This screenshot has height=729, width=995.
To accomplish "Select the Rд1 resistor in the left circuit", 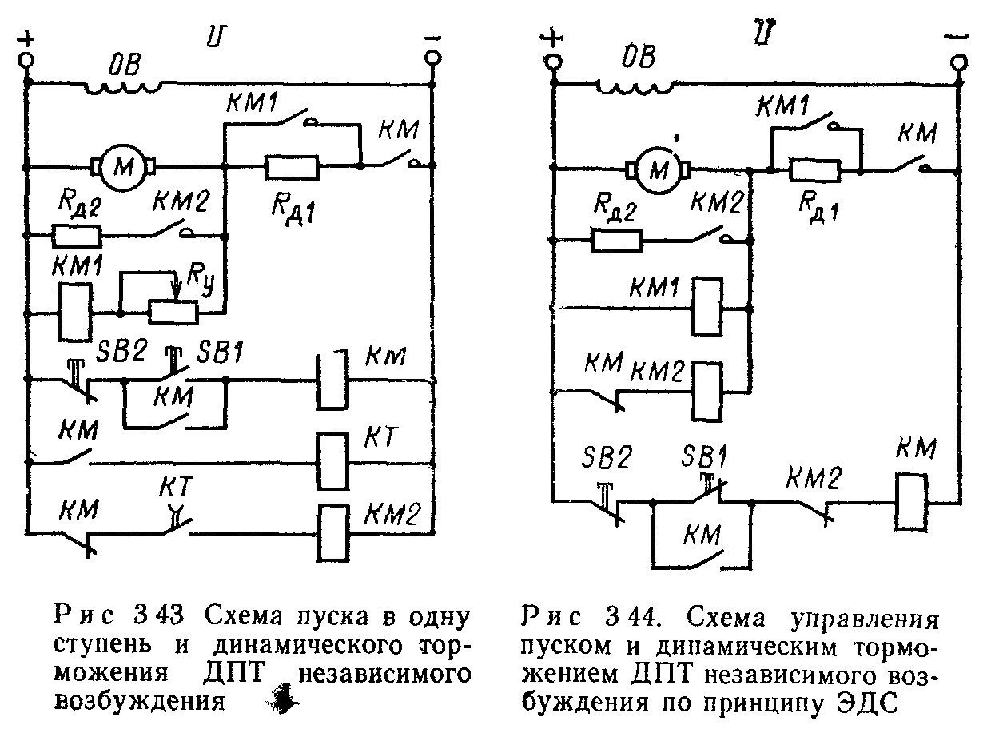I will pos(292,167).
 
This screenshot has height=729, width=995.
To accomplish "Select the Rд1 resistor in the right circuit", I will pos(814,169).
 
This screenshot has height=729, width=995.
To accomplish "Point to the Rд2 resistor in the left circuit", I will pos(77,236).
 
